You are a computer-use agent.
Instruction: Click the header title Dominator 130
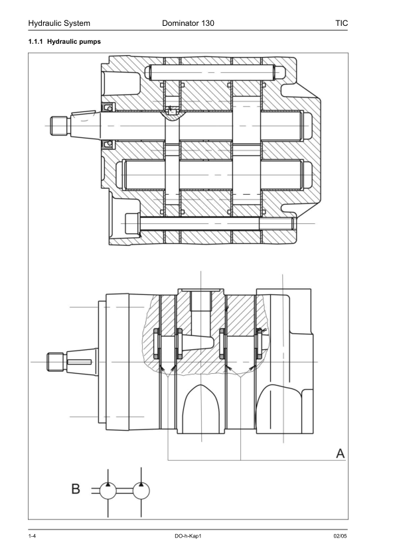(x=188, y=23)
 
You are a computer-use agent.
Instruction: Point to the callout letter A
(x=341, y=454)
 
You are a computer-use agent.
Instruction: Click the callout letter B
(x=76, y=490)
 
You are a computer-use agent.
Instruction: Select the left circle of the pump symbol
(x=109, y=491)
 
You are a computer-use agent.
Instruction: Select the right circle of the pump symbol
(x=141, y=491)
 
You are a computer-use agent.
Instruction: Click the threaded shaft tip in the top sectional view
(x=59, y=125)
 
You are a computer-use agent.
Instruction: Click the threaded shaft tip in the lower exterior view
(x=55, y=361)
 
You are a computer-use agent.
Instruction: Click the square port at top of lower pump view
(x=200, y=301)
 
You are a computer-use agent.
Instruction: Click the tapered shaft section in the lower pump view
(x=79, y=361)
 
